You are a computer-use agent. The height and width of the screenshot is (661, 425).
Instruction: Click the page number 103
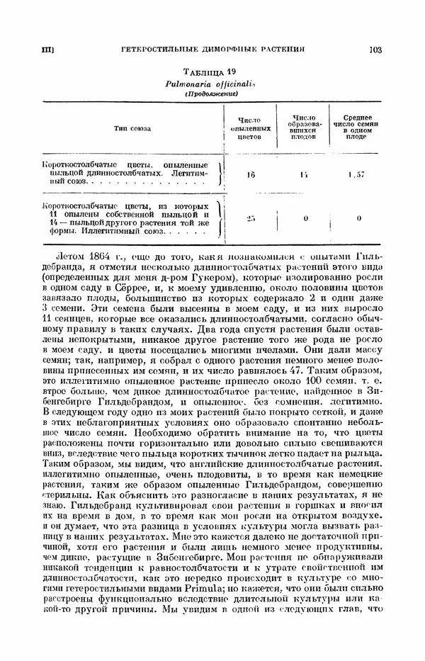[x=375, y=50]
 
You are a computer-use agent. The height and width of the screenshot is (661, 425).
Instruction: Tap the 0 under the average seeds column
[x=359, y=218]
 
